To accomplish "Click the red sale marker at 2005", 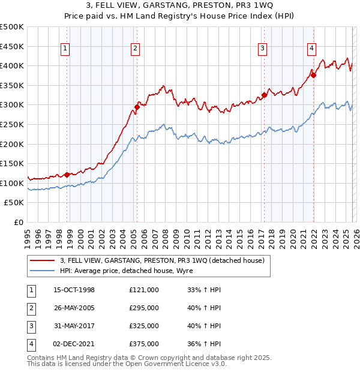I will pos(136,107).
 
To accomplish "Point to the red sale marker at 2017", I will pos(264,95).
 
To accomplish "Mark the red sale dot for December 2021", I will pos(313,76).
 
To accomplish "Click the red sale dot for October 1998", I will pos(67,175).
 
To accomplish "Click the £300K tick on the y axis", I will pos(12,105).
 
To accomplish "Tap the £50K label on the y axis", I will pos(14,203).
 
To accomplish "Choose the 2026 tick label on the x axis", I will pos(356,236).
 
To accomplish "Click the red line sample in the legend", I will pos(43,260).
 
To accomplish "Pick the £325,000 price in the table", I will pos(144,326).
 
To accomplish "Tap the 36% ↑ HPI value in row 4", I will pos(204,344).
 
